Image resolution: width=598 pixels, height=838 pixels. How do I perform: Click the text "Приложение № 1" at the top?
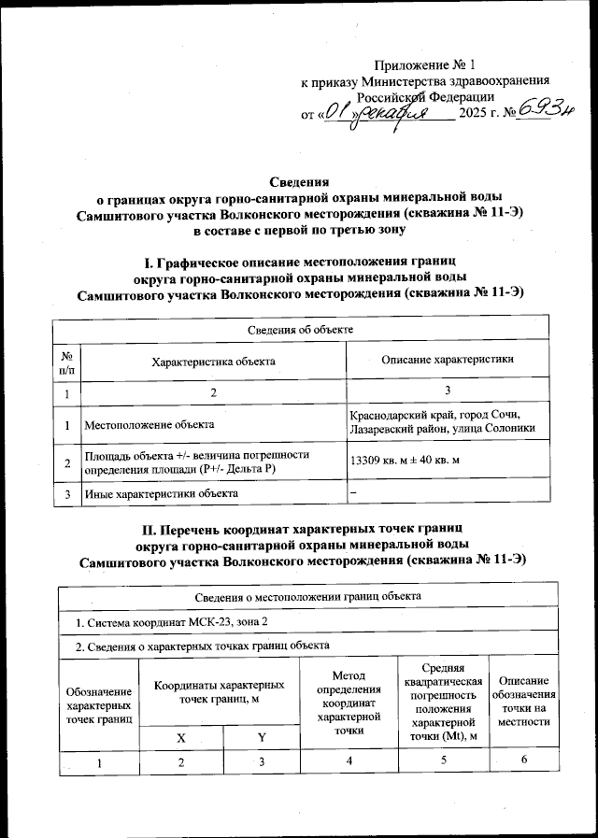424,65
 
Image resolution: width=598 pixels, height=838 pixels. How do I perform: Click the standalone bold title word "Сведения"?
300,181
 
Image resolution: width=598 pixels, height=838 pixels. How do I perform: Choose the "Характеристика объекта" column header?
214,362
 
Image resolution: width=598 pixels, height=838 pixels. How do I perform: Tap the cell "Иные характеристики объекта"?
162,492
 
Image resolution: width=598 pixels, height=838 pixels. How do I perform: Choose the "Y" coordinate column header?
262,738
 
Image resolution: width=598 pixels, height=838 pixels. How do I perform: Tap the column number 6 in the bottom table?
524,762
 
